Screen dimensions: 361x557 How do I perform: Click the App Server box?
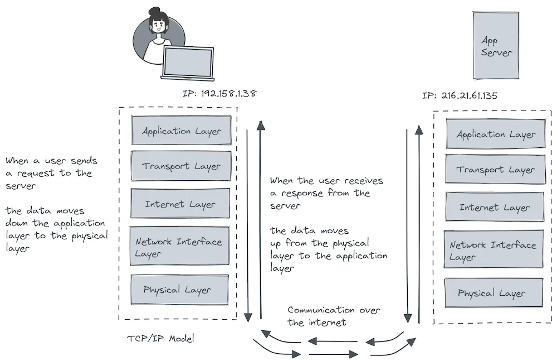[x=496, y=46]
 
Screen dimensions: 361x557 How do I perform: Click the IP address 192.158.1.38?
[x=219, y=93]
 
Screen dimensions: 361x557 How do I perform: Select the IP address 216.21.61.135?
[x=460, y=95]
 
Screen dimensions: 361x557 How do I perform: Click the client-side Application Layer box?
[x=181, y=131]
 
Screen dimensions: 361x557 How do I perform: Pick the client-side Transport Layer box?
[x=181, y=166]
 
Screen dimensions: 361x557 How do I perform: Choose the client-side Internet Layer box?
[x=180, y=204]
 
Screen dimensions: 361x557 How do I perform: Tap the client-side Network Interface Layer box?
[x=179, y=246]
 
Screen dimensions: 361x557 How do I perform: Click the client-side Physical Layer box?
[x=179, y=290]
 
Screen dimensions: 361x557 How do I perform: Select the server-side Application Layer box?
[x=496, y=134]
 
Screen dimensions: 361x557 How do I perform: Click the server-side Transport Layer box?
[x=495, y=170]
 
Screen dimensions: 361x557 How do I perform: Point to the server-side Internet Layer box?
[x=495, y=207]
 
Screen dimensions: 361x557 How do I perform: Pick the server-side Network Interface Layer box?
[x=494, y=250]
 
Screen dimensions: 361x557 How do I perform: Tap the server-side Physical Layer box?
[x=494, y=293]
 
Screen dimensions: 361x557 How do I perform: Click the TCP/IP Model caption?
[x=160, y=339]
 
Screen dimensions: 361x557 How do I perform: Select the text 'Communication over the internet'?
[x=333, y=316]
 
